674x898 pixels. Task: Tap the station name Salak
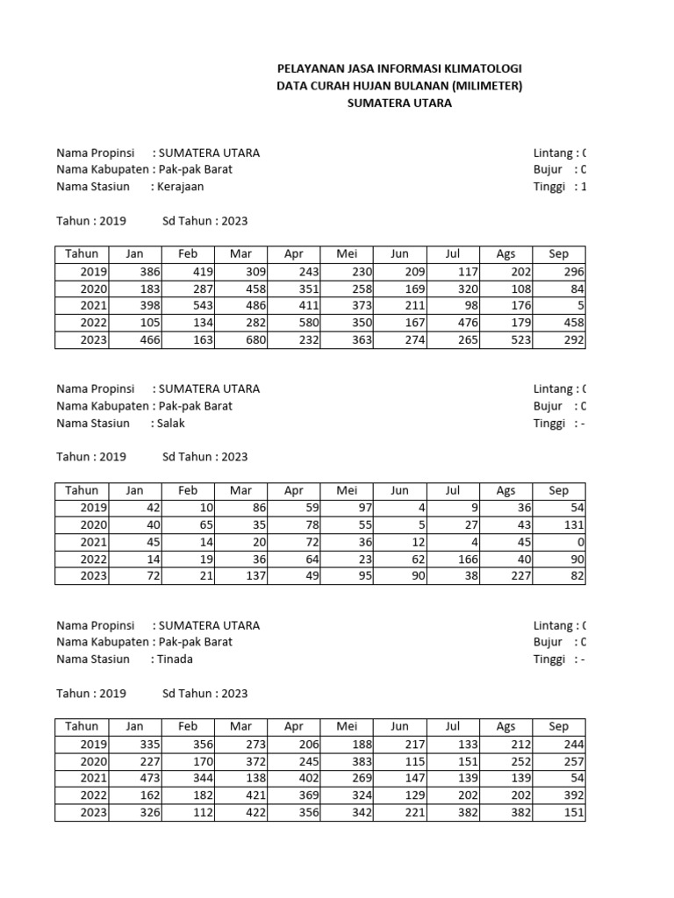[171, 423]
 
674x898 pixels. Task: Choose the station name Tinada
[176, 659]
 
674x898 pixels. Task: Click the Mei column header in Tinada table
[347, 726]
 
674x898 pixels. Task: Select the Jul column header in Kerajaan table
[452, 254]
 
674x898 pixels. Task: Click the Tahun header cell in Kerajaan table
[82, 254]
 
